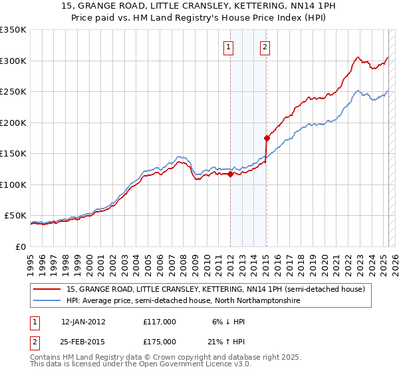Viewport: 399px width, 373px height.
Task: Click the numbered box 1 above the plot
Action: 228,47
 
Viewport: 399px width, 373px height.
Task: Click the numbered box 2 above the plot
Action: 265,47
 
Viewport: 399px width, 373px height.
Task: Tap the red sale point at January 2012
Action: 230,175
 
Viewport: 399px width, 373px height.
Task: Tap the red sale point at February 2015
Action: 267,139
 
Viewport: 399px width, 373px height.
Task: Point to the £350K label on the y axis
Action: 13,30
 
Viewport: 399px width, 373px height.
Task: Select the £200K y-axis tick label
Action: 13,123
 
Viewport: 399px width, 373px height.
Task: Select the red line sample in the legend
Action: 47,290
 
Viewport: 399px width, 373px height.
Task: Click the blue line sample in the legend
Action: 47,301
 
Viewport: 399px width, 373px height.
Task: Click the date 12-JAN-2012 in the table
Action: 83,322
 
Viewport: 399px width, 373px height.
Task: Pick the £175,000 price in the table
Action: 160,342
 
